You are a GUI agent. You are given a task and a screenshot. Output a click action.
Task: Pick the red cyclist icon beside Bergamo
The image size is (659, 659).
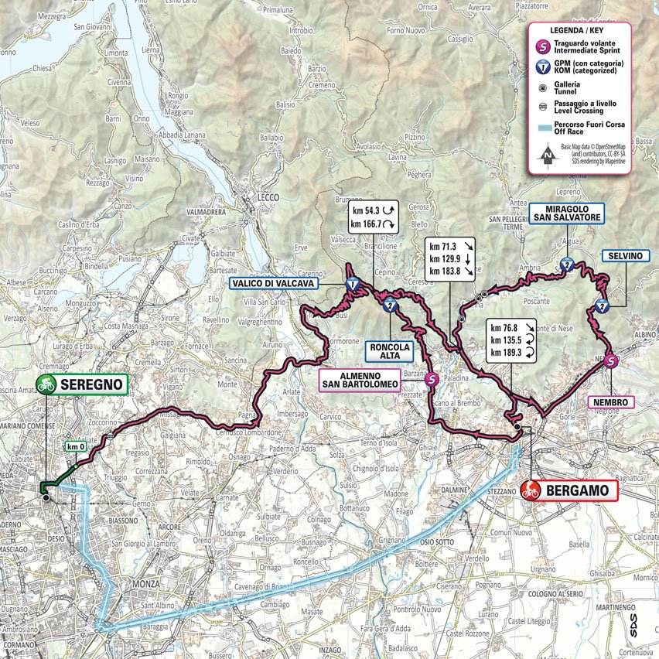click(x=531, y=490)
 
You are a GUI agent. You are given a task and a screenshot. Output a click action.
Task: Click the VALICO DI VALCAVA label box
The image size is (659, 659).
click(x=271, y=284)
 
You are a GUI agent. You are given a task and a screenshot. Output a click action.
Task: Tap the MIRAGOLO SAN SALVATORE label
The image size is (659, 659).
click(x=566, y=213)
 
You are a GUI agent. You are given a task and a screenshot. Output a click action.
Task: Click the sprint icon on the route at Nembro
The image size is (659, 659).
click(x=611, y=360)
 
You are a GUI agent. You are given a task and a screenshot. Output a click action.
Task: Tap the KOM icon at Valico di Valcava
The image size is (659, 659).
click(x=353, y=285)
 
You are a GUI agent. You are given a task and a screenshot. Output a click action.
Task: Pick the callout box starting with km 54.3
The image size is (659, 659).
click(x=372, y=217)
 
